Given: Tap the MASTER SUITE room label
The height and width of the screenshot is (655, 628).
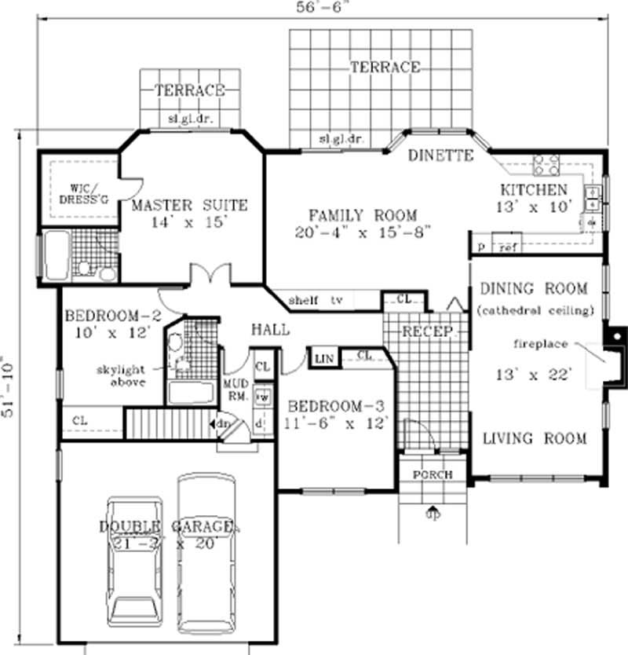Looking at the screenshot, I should [x=189, y=206].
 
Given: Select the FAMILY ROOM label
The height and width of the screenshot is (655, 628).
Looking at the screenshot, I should [x=363, y=215].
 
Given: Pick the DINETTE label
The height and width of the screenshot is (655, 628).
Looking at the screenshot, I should [x=440, y=156].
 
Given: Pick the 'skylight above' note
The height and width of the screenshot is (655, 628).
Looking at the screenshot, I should [x=121, y=375].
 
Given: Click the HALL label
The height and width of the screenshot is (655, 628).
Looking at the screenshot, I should [x=270, y=330].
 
